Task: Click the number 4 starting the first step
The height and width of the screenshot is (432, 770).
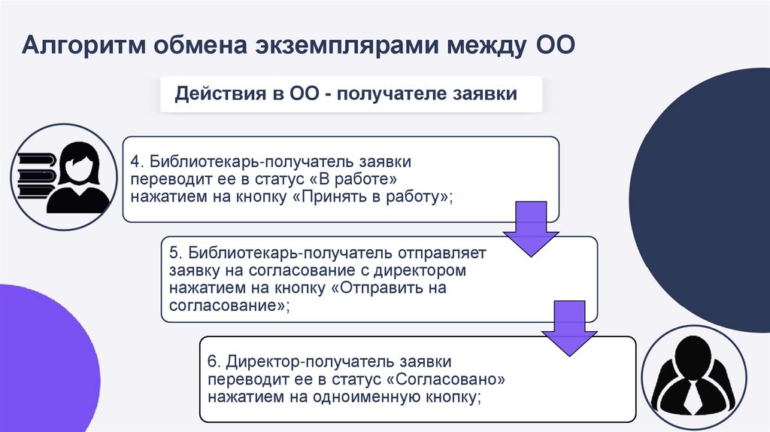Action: click(135, 163)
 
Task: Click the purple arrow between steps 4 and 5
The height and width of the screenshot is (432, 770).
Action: click(530, 230)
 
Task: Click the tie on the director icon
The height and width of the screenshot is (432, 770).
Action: click(690, 394)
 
